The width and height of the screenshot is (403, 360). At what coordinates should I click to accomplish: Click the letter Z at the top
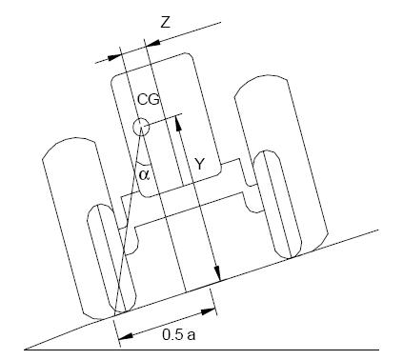click(166, 21)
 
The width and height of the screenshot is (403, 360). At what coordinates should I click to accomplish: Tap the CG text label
click(147, 100)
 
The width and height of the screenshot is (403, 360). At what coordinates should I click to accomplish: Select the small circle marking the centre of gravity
click(141, 126)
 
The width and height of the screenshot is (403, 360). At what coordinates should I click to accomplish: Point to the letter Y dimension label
click(198, 164)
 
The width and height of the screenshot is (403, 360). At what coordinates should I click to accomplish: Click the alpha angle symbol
click(144, 173)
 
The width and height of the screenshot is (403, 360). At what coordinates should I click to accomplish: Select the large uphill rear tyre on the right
click(275, 152)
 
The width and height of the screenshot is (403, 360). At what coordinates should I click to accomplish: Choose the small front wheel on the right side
click(274, 204)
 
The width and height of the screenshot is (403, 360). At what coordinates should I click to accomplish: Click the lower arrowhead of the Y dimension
click(217, 278)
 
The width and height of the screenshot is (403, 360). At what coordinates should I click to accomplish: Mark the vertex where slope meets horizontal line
click(27, 350)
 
